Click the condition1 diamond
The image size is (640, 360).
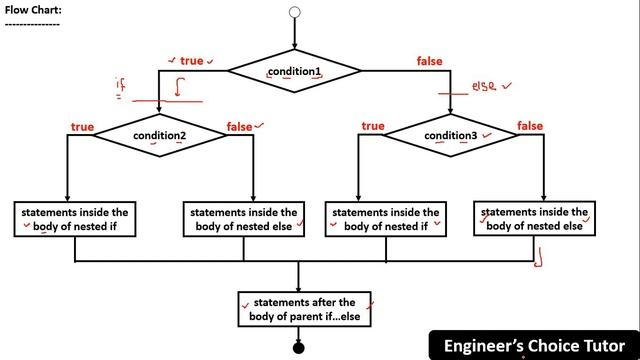pyautogui.click(x=294, y=71)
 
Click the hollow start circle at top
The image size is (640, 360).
pyautogui.click(x=294, y=13)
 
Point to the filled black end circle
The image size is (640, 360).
pyautogui.click(x=298, y=347)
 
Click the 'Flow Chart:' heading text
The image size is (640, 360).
pyautogui.click(x=32, y=10)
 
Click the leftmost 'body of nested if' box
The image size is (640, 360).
pyautogui.click(x=75, y=219)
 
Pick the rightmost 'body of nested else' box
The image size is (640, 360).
pyautogui.click(x=533, y=219)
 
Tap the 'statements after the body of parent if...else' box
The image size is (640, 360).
pyautogui.click(x=304, y=309)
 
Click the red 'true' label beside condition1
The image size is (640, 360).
pyautogui.click(x=191, y=62)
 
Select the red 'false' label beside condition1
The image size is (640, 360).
pyautogui.click(x=430, y=62)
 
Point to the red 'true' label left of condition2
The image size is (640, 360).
pyautogui.click(x=81, y=126)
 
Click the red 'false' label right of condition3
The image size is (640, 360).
pyautogui.click(x=530, y=126)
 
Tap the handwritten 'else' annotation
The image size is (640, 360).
pyautogui.click(x=486, y=87)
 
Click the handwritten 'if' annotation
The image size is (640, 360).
pyautogui.click(x=121, y=87)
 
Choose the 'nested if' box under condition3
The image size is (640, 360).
pyautogui.click(x=386, y=219)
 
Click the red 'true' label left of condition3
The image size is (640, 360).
pyautogui.click(x=373, y=126)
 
